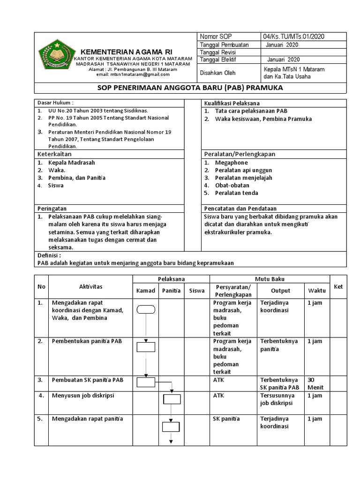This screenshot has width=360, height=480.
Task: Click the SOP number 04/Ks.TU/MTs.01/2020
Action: point(294,37)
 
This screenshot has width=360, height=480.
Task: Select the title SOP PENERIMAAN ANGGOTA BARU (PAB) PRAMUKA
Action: point(190,88)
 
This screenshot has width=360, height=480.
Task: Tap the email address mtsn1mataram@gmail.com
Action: point(133,75)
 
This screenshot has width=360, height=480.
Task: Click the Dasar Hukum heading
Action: point(55,103)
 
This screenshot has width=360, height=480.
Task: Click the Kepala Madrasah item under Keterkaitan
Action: point(71,163)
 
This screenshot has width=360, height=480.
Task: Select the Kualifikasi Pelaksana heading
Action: point(232,103)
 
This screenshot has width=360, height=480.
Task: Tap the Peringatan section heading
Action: point(52,208)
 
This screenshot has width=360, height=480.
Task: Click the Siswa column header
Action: point(197,291)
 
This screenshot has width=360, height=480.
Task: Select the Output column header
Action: point(281,291)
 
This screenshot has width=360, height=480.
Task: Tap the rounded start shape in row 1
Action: point(146,309)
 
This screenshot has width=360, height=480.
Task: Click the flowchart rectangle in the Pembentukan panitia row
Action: point(146,347)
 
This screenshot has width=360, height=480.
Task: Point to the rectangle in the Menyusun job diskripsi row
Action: point(172,399)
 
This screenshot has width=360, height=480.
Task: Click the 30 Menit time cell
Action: point(315,383)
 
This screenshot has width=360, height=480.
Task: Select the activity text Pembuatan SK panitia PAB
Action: point(87,380)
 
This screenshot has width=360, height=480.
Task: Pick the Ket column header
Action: point(338,286)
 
